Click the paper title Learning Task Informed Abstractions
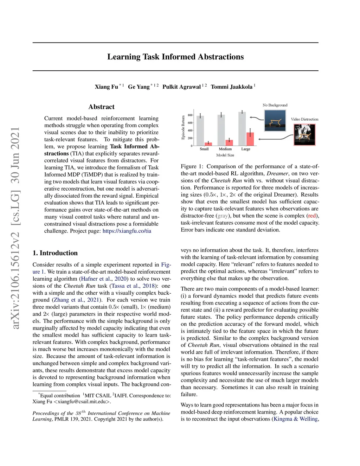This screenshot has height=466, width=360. pos(175,57)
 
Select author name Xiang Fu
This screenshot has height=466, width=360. pos(106,87)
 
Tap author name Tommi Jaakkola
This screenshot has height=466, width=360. pos(231,87)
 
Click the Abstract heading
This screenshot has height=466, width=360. pos(101,107)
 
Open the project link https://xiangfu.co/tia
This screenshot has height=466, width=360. pos(127,231)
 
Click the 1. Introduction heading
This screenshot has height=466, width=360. pos(55,253)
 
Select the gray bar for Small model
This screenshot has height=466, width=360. pos(200,130)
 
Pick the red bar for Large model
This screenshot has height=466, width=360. pos(250,139)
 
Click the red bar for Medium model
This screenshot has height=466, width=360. pos(229,142)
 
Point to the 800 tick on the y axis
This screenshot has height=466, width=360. pos(190,115)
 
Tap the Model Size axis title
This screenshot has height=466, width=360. pos(225,155)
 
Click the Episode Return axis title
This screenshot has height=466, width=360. pos(183,127)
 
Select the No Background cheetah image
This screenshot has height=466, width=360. pos(275,120)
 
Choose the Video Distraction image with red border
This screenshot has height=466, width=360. pos(304,134)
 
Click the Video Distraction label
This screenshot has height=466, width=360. pos(304,119)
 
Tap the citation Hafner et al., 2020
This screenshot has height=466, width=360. pos(104,279)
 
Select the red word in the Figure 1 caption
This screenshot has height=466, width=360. pos(312,216)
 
